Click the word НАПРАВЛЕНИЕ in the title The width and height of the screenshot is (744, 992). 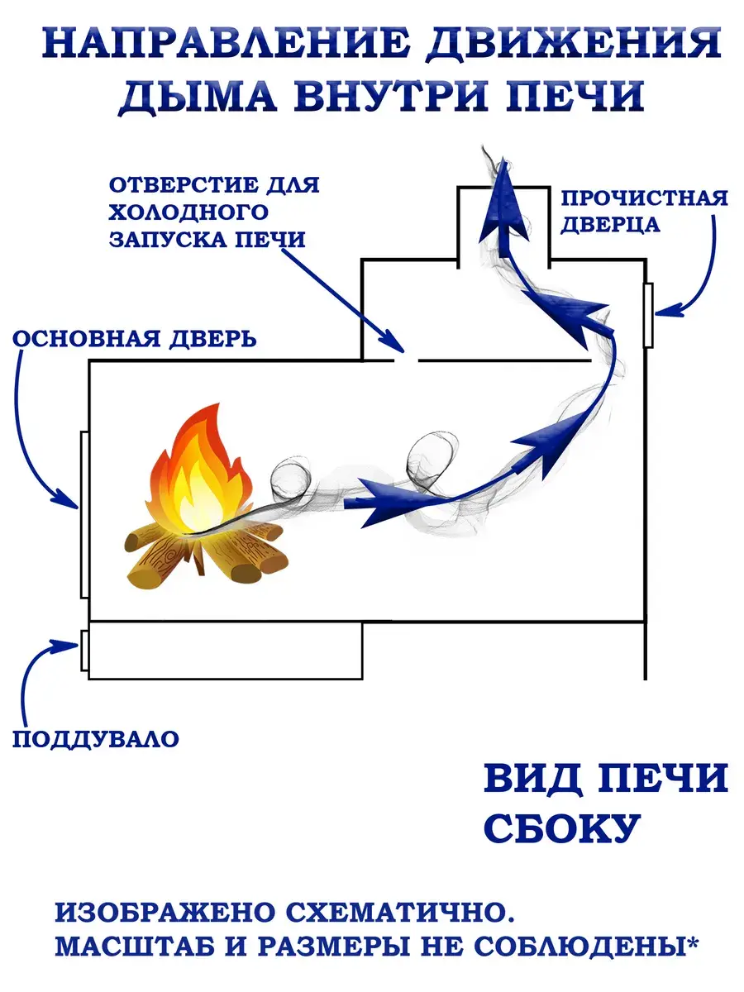227,43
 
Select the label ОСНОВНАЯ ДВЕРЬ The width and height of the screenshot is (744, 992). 135,338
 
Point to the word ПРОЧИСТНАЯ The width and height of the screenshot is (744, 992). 644,198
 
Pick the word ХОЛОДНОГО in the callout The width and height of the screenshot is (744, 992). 188,212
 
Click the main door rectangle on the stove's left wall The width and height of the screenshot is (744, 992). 84,515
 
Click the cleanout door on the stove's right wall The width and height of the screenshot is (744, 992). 648,316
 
